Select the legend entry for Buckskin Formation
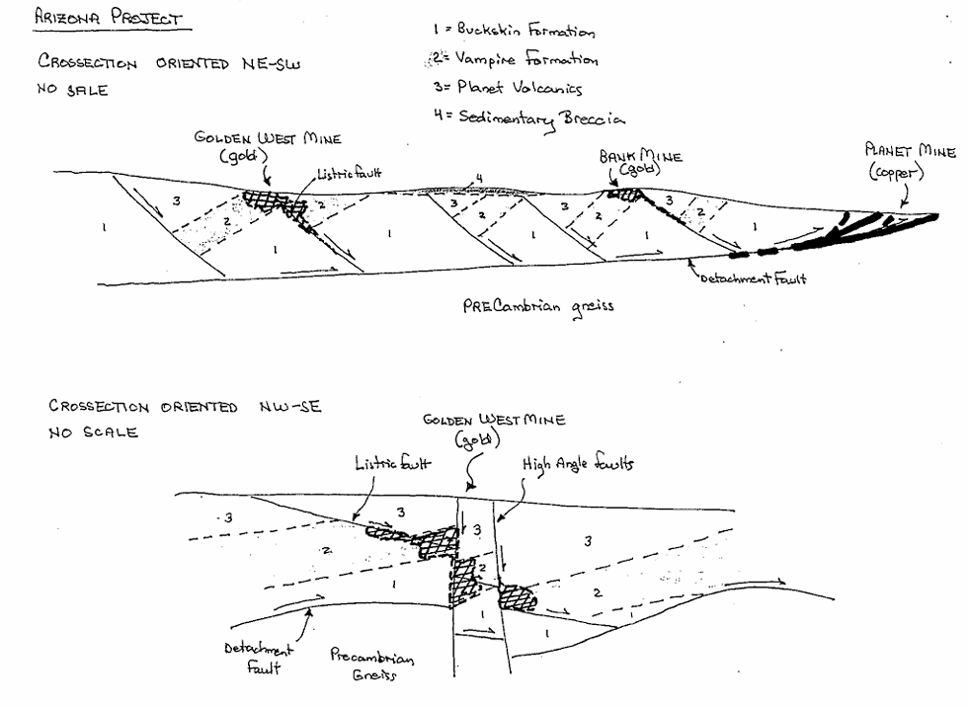point(514,31)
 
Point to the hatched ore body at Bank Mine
point(625,194)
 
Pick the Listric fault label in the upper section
point(349,174)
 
